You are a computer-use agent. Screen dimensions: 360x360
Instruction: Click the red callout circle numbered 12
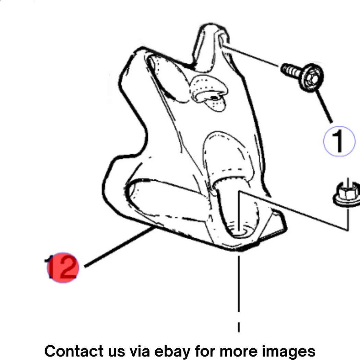coord(63,268)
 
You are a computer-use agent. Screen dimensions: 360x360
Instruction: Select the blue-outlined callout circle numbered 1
coord(339,141)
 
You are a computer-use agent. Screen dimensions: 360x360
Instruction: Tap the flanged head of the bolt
coord(311,77)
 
